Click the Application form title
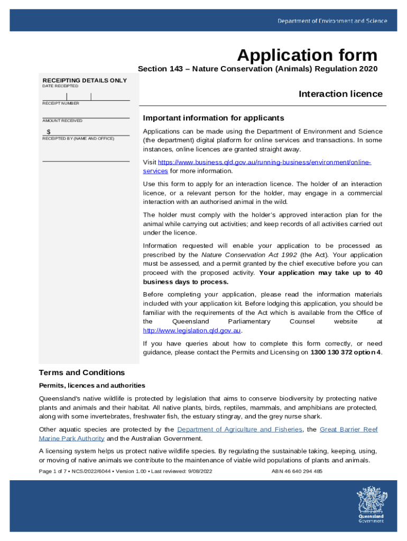coord(307,55)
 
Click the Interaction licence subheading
coord(340,94)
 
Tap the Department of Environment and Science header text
coord(332,21)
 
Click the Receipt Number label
coord(61,104)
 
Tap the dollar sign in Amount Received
coord(49,132)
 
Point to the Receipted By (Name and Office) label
coord(78,138)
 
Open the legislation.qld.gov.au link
coord(192,331)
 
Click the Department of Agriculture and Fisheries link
coord(239,430)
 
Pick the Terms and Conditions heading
coord(82,372)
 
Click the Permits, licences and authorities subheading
coord(92,386)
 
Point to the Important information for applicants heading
coord(214,118)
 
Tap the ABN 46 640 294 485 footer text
coord(297,471)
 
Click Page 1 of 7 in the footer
coord(54,471)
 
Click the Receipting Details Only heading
coord(85,80)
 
